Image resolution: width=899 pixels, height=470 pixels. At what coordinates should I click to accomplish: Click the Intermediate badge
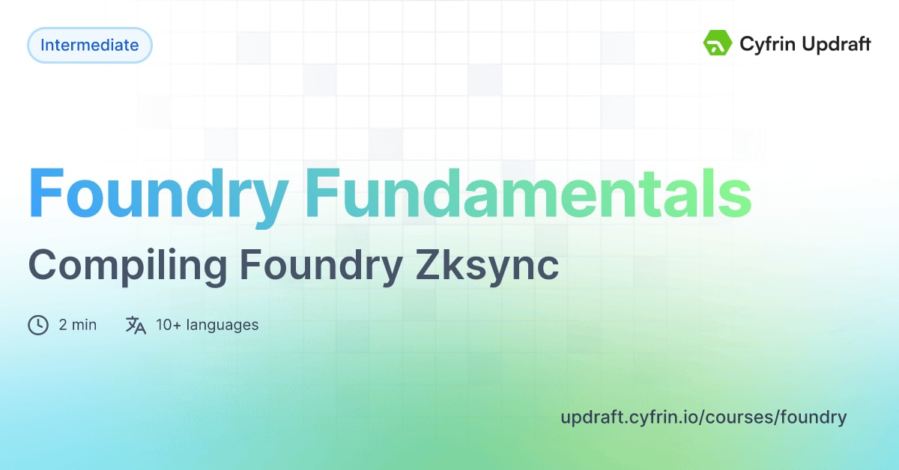[x=90, y=45]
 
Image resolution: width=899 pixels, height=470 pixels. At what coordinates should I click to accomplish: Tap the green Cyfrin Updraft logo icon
[x=717, y=43]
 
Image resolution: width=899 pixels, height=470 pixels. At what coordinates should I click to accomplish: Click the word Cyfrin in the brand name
[x=763, y=45]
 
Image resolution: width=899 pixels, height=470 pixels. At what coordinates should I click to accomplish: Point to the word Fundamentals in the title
[x=527, y=193]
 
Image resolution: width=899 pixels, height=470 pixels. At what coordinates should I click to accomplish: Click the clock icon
[x=38, y=325]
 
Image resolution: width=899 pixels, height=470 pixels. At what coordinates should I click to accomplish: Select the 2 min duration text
[x=78, y=325]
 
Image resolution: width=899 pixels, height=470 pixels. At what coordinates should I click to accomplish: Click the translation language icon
[x=136, y=325]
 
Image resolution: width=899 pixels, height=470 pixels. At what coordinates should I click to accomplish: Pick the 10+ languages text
[x=207, y=325]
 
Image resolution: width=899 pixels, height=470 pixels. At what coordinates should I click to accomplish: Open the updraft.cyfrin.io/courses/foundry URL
[x=703, y=417]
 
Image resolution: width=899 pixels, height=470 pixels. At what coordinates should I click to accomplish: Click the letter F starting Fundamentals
[x=323, y=193]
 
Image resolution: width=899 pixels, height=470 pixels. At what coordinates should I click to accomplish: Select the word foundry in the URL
[x=814, y=417]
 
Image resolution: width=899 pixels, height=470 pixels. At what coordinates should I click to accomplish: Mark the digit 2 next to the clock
[x=63, y=325]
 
